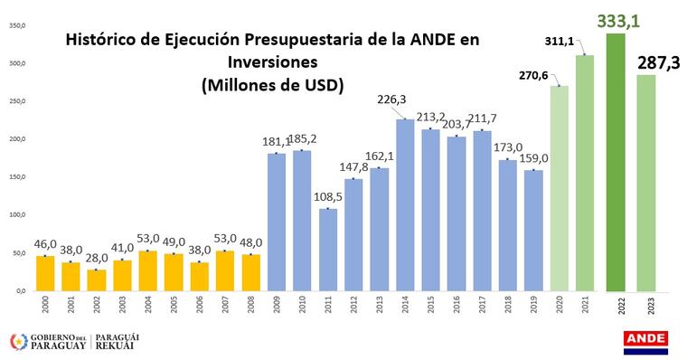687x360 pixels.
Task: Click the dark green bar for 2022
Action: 616,162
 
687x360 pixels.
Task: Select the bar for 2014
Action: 405,205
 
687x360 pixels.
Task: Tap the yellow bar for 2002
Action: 97,280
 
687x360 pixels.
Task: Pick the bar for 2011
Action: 328,250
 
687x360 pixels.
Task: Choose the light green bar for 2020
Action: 559,188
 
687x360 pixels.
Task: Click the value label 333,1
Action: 618,21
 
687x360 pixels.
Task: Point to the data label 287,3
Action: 658,63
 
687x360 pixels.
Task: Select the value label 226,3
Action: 391,99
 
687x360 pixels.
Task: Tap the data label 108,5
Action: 328,197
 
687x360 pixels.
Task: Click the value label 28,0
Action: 97,258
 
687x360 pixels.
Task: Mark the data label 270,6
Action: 533,75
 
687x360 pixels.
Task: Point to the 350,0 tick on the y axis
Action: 17,25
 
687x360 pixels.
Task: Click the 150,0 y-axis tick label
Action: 17,176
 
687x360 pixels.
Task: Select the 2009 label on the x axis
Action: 277,305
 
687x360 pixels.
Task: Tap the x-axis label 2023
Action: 651,306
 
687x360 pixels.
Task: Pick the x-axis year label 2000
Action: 45,305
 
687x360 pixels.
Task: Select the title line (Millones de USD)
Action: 272,85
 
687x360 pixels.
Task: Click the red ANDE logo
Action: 645,343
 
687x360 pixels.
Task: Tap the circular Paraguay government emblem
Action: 19,342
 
